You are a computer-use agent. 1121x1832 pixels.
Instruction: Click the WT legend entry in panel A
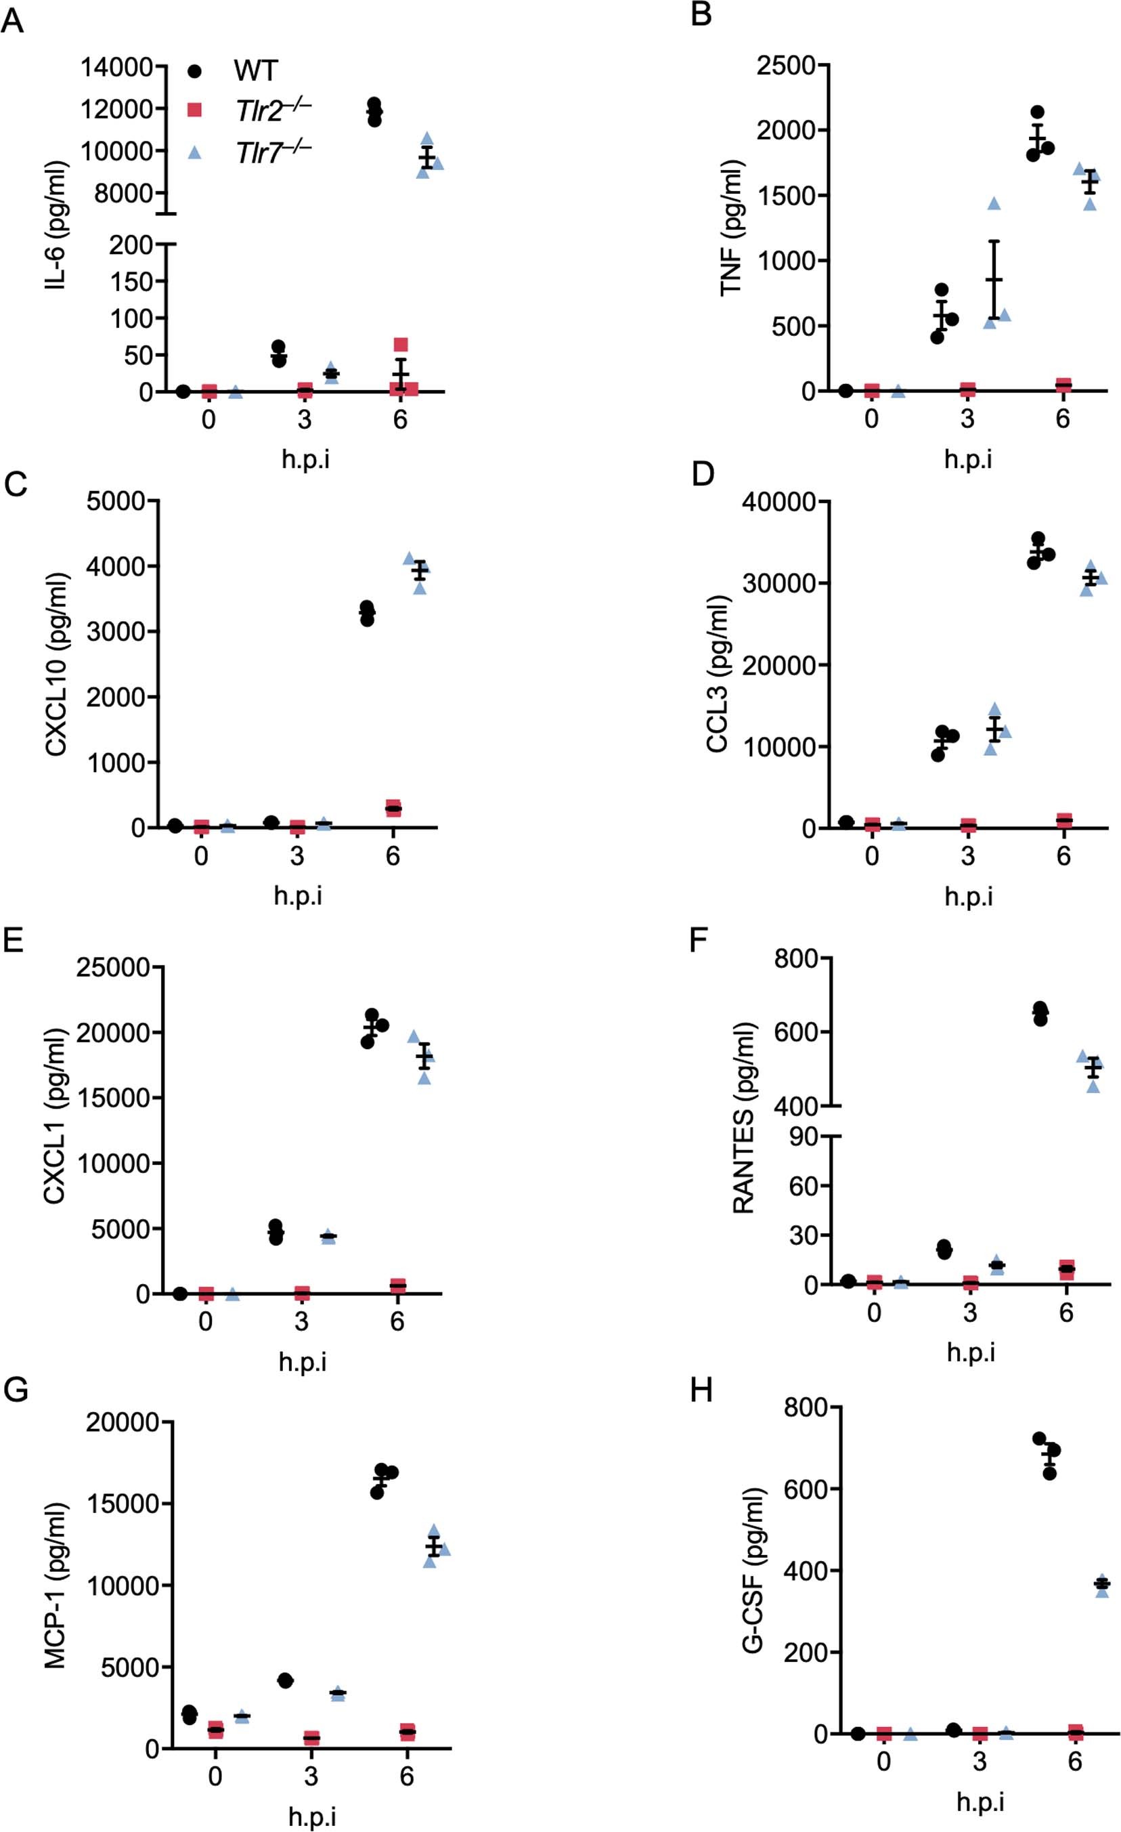[255, 71]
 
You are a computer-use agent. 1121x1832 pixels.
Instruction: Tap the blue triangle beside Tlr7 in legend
[195, 152]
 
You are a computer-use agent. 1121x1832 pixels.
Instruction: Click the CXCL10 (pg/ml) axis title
[58, 663]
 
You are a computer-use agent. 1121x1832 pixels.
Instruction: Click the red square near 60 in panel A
[401, 344]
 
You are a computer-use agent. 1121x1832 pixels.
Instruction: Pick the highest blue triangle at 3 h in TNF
[994, 203]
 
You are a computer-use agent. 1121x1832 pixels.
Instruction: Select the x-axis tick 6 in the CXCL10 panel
[393, 857]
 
